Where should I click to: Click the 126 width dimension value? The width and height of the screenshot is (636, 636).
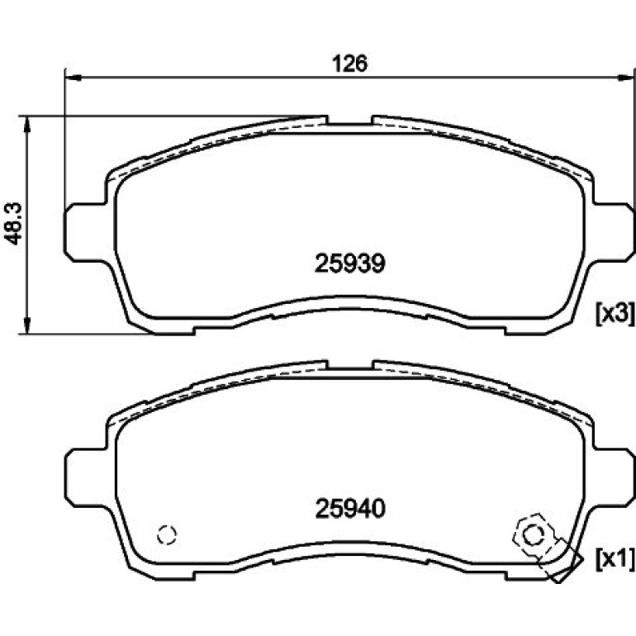pyautogui.click(x=349, y=64)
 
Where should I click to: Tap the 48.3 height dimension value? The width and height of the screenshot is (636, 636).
pyautogui.click(x=14, y=224)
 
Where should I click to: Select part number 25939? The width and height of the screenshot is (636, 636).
pyautogui.click(x=349, y=263)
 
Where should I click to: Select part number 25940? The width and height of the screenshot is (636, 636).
pyautogui.click(x=350, y=508)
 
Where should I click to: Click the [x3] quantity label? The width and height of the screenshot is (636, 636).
pyautogui.click(x=615, y=314)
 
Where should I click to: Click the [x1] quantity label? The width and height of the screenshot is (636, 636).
pyautogui.click(x=615, y=559)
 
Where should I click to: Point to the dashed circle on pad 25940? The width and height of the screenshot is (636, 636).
pyautogui.click(x=167, y=534)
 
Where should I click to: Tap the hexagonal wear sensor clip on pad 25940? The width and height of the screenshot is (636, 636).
pyautogui.click(x=532, y=536)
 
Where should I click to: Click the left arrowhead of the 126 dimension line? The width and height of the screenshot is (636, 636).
pyautogui.click(x=73, y=78)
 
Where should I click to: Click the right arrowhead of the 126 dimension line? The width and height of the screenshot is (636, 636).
pyautogui.click(x=625, y=78)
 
